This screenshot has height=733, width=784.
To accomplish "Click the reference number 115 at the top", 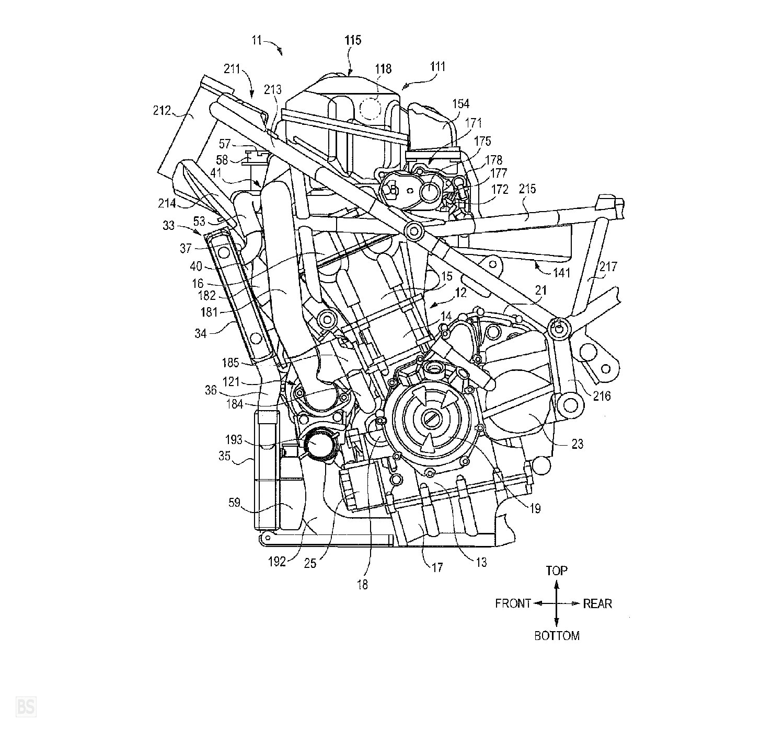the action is click(352, 40).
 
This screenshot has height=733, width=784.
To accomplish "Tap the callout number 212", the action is click(162, 111).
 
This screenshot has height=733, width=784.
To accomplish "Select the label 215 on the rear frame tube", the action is click(527, 189).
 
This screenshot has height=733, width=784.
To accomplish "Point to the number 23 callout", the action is click(577, 444).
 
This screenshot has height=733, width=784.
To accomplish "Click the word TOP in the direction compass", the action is click(557, 571).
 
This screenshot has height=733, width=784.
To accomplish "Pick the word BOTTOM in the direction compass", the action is click(557, 636).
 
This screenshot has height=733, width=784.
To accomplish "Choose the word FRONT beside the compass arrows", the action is click(513, 603).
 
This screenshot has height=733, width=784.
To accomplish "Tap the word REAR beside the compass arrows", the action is click(597, 603).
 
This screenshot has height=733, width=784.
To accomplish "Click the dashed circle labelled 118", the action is click(371, 107).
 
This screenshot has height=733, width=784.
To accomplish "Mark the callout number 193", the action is click(233, 440).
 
